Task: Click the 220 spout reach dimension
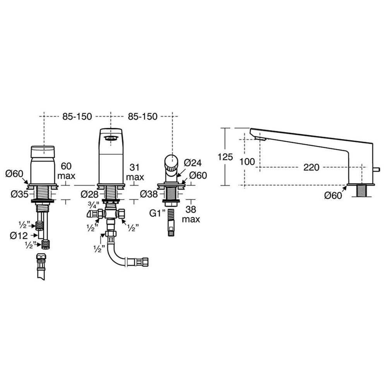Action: coord(311,168)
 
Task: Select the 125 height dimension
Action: coord(225,157)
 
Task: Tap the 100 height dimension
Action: coord(247,162)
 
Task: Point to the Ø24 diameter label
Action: coord(193,163)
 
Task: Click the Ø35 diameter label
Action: coord(19,194)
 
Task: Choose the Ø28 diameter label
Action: coord(90,195)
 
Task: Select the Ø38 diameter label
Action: coord(149,194)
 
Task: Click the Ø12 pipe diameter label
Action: coord(19,236)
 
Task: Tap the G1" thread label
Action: coord(157,213)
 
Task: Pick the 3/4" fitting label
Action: coord(94,205)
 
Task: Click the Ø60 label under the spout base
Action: coord(333,196)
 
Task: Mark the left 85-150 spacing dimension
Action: coord(77,116)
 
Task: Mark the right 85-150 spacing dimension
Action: coord(142,116)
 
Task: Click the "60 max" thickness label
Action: coord(66,171)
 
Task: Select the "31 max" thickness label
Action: coord(135,172)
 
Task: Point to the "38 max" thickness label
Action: coord(191,214)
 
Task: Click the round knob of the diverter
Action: coord(171,161)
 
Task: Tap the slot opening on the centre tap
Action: coord(111,138)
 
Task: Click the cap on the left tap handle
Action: coord(43,152)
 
